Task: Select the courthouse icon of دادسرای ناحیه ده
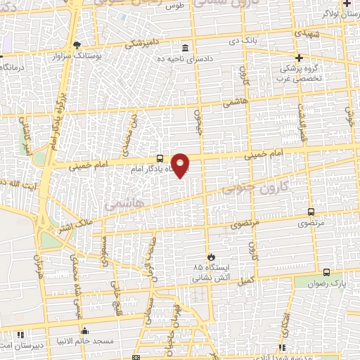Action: pyautogui.click(x=185, y=48)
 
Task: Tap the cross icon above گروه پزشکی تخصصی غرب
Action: pyautogui.click(x=300, y=58)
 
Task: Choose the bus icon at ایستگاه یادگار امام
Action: pyautogui.click(x=160, y=159)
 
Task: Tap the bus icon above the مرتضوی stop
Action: pyautogui.click(x=311, y=212)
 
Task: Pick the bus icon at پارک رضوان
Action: pyautogui.click(x=326, y=272)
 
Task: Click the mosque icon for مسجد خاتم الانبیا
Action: pyautogui.click(x=85, y=331)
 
